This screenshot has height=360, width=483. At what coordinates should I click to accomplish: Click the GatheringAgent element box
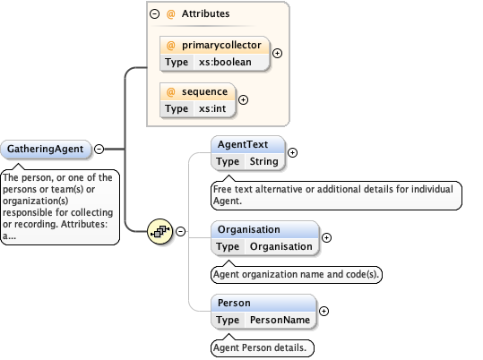pyautogui.click(x=46, y=150)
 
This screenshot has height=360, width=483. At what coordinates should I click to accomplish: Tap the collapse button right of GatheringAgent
pyautogui.click(x=99, y=150)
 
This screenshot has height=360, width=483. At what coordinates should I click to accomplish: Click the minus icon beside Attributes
pyautogui.click(x=156, y=14)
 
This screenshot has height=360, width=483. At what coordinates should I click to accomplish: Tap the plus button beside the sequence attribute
pyautogui.click(x=243, y=99)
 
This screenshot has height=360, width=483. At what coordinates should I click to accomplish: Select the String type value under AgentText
pyautogui.click(x=263, y=161)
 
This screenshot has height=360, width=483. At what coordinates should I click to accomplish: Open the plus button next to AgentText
pyautogui.click(x=292, y=152)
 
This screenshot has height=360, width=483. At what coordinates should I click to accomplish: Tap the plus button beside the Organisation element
pyautogui.click(x=326, y=237)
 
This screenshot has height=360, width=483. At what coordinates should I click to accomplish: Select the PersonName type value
pyautogui.click(x=280, y=320)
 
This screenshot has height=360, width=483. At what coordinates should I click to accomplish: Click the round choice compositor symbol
pyautogui.click(x=160, y=230)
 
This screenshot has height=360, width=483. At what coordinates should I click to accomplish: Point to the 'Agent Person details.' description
pyautogui.click(x=263, y=347)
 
